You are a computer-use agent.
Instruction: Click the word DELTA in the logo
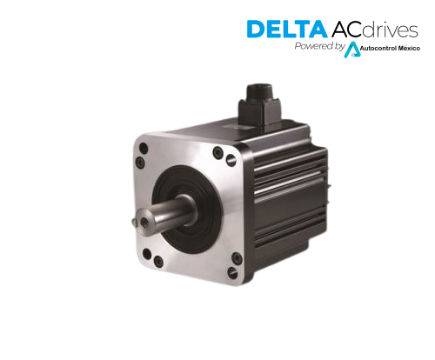287,29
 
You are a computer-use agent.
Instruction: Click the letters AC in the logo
346,29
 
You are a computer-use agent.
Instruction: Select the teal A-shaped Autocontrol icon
352,50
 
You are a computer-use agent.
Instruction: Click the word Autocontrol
378,49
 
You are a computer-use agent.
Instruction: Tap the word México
409,48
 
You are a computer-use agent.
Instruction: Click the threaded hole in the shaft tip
144,223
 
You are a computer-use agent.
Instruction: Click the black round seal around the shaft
186,209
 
